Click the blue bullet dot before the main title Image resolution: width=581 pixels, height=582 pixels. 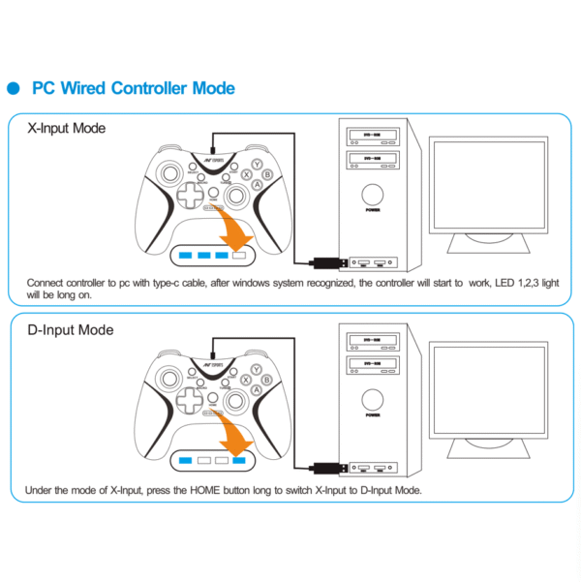tap(15, 89)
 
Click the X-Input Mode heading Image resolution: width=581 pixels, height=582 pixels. tap(67, 128)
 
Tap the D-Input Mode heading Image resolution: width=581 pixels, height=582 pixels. tap(70, 330)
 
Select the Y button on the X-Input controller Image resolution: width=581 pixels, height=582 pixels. tap(256, 166)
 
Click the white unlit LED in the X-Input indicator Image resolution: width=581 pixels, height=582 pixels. tap(237, 256)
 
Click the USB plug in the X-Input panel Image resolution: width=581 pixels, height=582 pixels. tap(326, 261)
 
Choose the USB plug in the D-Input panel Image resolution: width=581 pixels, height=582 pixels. tap(326, 465)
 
